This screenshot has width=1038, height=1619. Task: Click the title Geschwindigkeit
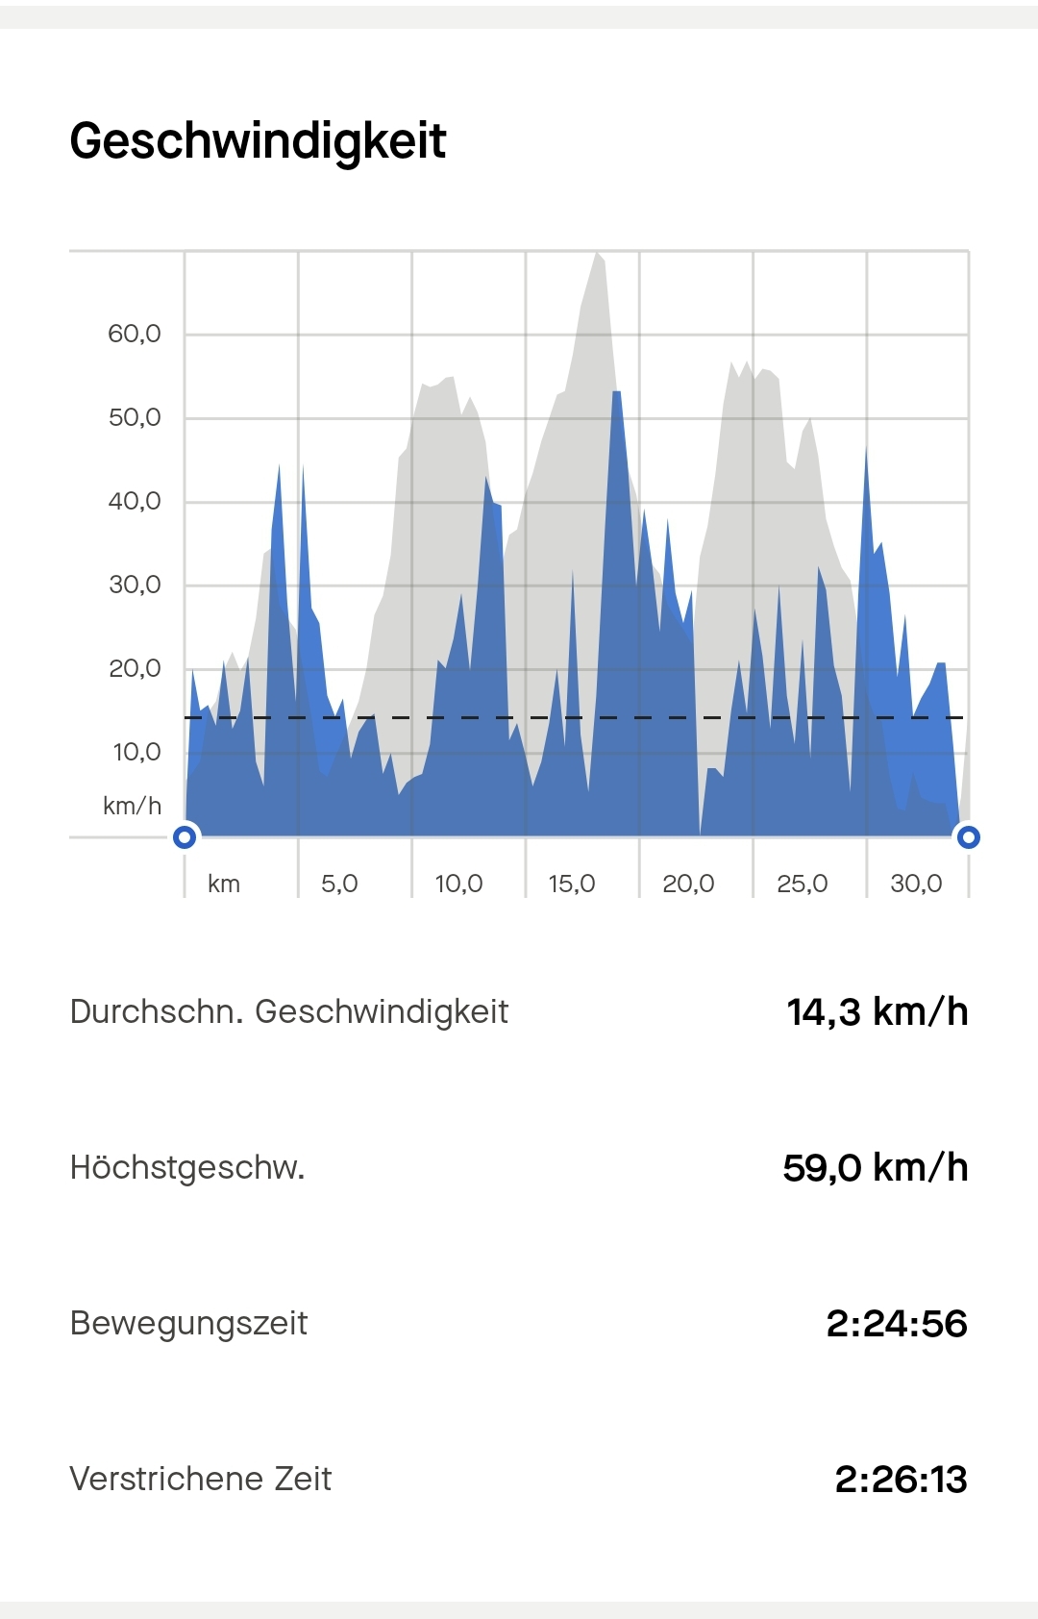258,141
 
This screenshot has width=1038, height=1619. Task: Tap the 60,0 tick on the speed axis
134,334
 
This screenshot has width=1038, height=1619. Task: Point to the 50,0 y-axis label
134,417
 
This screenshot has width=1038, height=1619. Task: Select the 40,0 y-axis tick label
134,501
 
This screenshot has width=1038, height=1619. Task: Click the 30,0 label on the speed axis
134,585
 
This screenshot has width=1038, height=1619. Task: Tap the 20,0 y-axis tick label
134,668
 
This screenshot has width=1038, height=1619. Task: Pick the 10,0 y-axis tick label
136,752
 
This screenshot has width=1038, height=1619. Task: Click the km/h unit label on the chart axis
132,806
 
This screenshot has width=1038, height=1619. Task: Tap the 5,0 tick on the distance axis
339,884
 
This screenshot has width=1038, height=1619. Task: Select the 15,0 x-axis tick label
572,884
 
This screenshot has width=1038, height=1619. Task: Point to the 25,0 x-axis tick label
802,884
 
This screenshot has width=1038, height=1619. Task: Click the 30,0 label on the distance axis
916,884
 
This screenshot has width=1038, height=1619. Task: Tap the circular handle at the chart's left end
185,836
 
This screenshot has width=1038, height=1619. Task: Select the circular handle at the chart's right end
969,836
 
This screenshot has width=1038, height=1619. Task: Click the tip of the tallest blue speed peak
616,392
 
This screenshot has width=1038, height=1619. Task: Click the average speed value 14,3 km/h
877,1011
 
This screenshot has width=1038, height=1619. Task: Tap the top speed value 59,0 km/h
875,1167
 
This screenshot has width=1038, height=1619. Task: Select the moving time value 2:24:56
896,1324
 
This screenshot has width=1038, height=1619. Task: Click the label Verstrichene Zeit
200,1479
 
